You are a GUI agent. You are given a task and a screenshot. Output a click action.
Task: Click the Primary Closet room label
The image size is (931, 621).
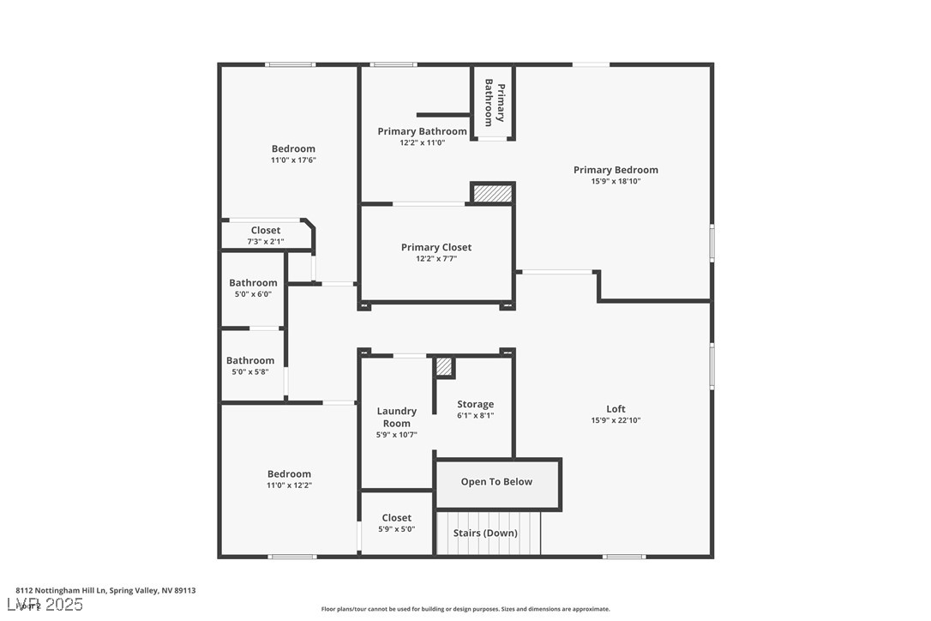coord(436,247)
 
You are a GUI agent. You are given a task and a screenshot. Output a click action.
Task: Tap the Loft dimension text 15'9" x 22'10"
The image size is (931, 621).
coord(616,420)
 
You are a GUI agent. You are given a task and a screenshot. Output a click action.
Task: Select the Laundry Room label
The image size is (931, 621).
coord(397,417)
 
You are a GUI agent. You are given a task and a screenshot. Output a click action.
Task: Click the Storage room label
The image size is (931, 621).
coord(475,404)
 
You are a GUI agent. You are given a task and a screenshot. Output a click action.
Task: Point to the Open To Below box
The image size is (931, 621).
coord(497,482)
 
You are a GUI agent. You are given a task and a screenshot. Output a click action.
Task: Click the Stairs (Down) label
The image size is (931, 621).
coord(485,533)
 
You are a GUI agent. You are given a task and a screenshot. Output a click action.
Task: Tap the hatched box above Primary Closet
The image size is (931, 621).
coord(493,194)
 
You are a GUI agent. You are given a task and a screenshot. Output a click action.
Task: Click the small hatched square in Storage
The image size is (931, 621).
coord(444,366)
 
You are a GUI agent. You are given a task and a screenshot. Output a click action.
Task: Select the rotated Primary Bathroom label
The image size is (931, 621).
coord(495,103)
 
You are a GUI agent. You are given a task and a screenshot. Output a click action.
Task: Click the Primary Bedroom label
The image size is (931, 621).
coord(616,170)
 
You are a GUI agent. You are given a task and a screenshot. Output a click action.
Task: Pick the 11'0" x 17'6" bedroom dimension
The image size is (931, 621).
coord(294,160)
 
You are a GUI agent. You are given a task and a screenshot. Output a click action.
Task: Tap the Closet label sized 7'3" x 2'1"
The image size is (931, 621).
coord(266,230)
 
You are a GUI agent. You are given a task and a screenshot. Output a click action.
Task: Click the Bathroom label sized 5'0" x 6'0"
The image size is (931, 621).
coord(253,283)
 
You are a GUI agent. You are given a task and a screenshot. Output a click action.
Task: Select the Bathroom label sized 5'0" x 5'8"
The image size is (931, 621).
coord(250,360)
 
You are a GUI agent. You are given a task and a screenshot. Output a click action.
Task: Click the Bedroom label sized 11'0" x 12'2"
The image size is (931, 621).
coord(289,473)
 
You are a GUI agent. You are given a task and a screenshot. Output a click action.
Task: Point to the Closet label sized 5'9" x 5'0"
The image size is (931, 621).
coord(397,517)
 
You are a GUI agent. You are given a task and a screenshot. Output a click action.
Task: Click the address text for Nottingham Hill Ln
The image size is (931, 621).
coord(105,590)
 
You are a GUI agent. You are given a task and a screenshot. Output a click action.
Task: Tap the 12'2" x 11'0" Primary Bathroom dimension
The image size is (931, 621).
coord(422,142)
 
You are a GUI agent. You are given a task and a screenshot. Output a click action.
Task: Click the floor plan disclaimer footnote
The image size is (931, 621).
coord(465,609)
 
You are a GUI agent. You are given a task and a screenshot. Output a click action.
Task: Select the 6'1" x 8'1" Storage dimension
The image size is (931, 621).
coord(475,415)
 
